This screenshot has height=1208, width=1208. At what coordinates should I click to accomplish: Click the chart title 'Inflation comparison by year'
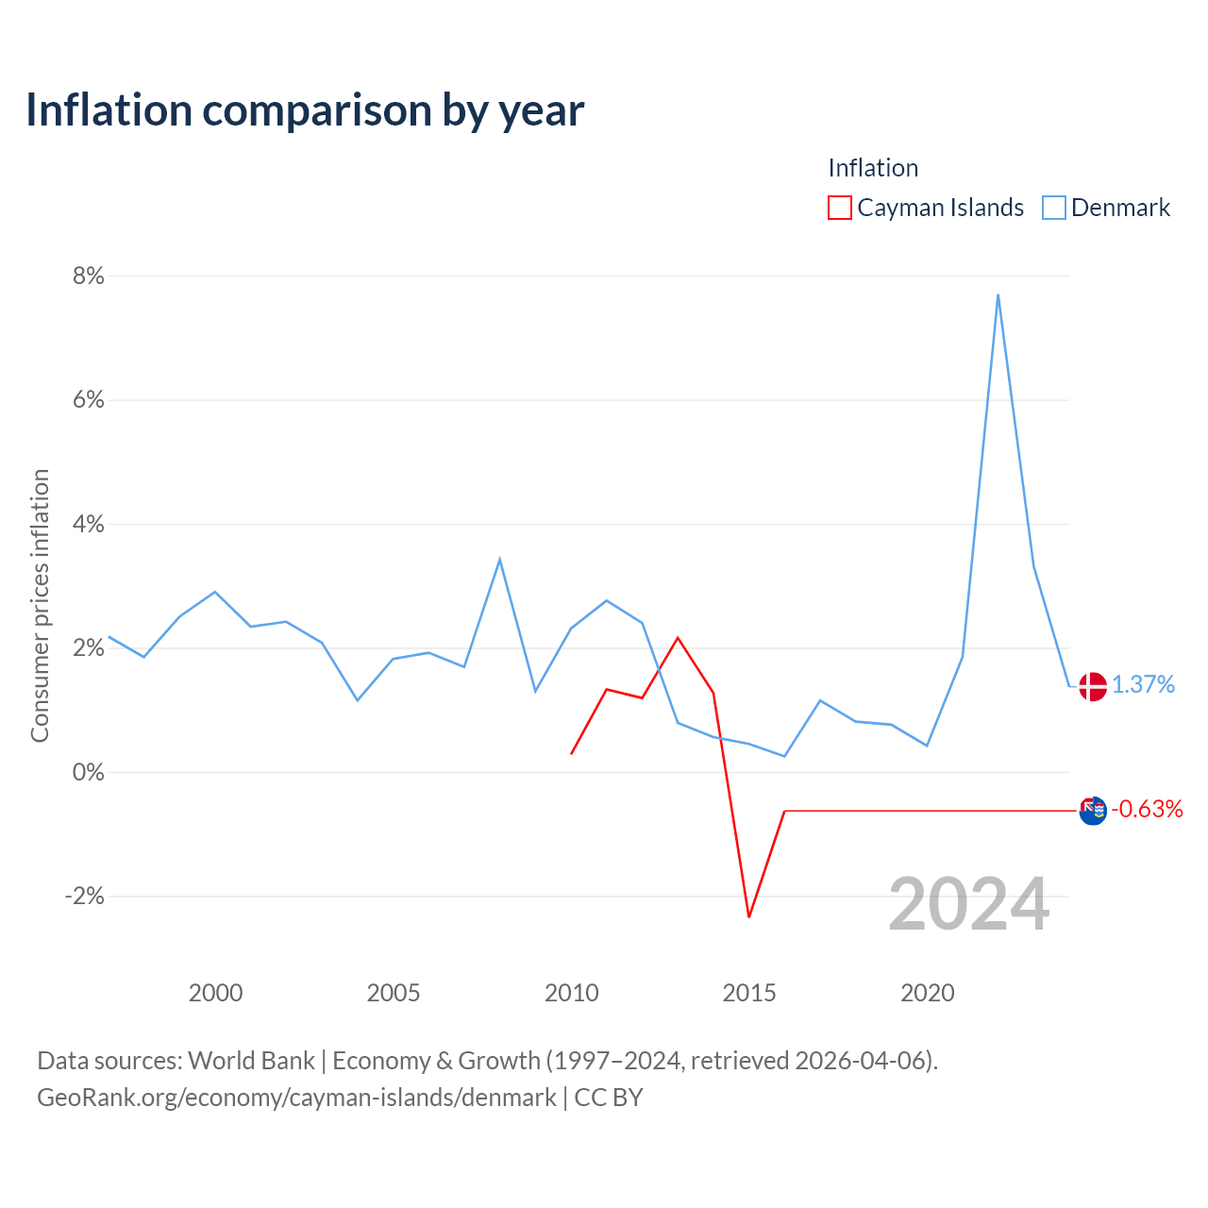305,111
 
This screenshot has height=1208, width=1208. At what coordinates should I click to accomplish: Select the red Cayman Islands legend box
839,208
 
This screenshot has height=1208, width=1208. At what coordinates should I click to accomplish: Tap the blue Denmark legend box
1053,208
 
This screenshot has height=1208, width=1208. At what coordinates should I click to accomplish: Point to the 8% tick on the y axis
89,276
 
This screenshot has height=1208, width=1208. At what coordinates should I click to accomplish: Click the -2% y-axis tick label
85,896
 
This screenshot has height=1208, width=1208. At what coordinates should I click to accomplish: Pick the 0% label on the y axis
89,772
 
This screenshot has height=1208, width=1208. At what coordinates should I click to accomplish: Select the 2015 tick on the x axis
749,993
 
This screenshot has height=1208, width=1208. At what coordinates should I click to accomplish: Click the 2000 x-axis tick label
216,993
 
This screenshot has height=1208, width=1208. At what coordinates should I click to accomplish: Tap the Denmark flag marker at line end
1093,686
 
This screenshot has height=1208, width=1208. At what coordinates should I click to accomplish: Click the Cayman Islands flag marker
1093,811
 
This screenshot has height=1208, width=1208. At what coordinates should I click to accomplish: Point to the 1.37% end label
1143,684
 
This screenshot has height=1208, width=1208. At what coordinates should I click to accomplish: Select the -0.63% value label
1147,809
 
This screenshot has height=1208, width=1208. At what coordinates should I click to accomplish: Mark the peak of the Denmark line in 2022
998,294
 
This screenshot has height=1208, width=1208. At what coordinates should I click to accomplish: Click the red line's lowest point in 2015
748,916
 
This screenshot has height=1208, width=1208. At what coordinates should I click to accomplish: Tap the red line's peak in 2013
678,638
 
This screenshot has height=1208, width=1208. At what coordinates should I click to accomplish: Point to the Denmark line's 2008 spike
499,559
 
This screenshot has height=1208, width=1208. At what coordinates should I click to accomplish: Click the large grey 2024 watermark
968,904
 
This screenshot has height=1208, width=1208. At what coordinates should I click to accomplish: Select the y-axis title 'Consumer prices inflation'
40,606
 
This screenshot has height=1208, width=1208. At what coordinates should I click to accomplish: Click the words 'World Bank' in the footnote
251,1061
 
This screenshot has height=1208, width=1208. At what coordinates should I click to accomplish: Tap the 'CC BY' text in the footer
609,1098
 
